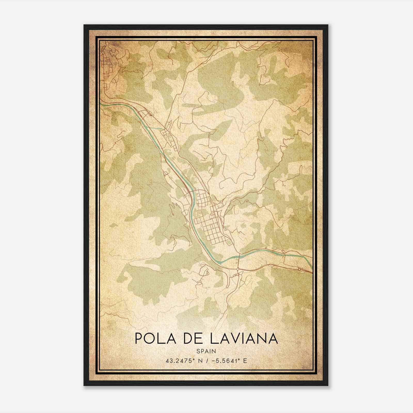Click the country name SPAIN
206,351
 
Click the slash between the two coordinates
207,361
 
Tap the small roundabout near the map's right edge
299,269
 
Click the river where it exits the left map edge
101,104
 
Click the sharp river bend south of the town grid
218,261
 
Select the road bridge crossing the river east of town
239,256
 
